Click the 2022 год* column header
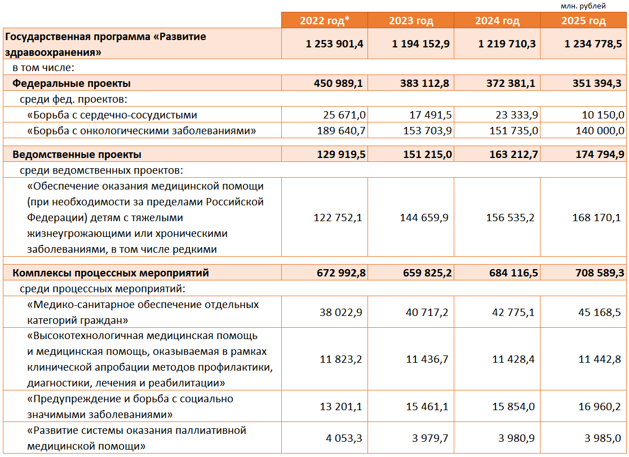tap(325, 21)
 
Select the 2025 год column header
tap(583, 21)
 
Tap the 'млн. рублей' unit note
tap(583, 6)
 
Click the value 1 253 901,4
tap(335, 44)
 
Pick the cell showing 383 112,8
tap(426, 84)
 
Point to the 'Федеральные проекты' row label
tap(72, 84)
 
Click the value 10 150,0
tap(603, 115)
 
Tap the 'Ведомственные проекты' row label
tap(77, 155)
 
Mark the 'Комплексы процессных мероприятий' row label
tap(110, 273)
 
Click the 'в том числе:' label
tap(44, 68)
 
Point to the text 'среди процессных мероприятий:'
tap(103, 289)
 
